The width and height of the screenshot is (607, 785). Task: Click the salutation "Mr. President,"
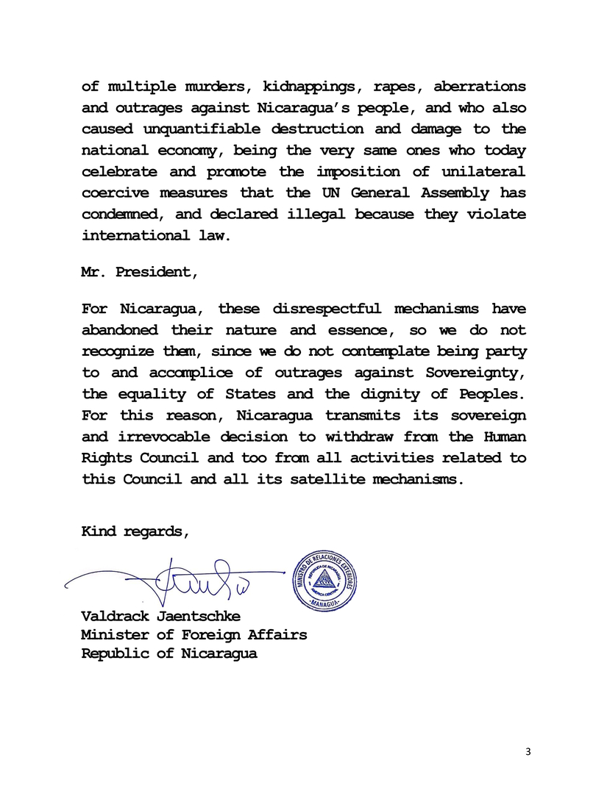139,271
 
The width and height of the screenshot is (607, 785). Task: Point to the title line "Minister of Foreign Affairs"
194,634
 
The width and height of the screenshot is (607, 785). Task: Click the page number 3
527,751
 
